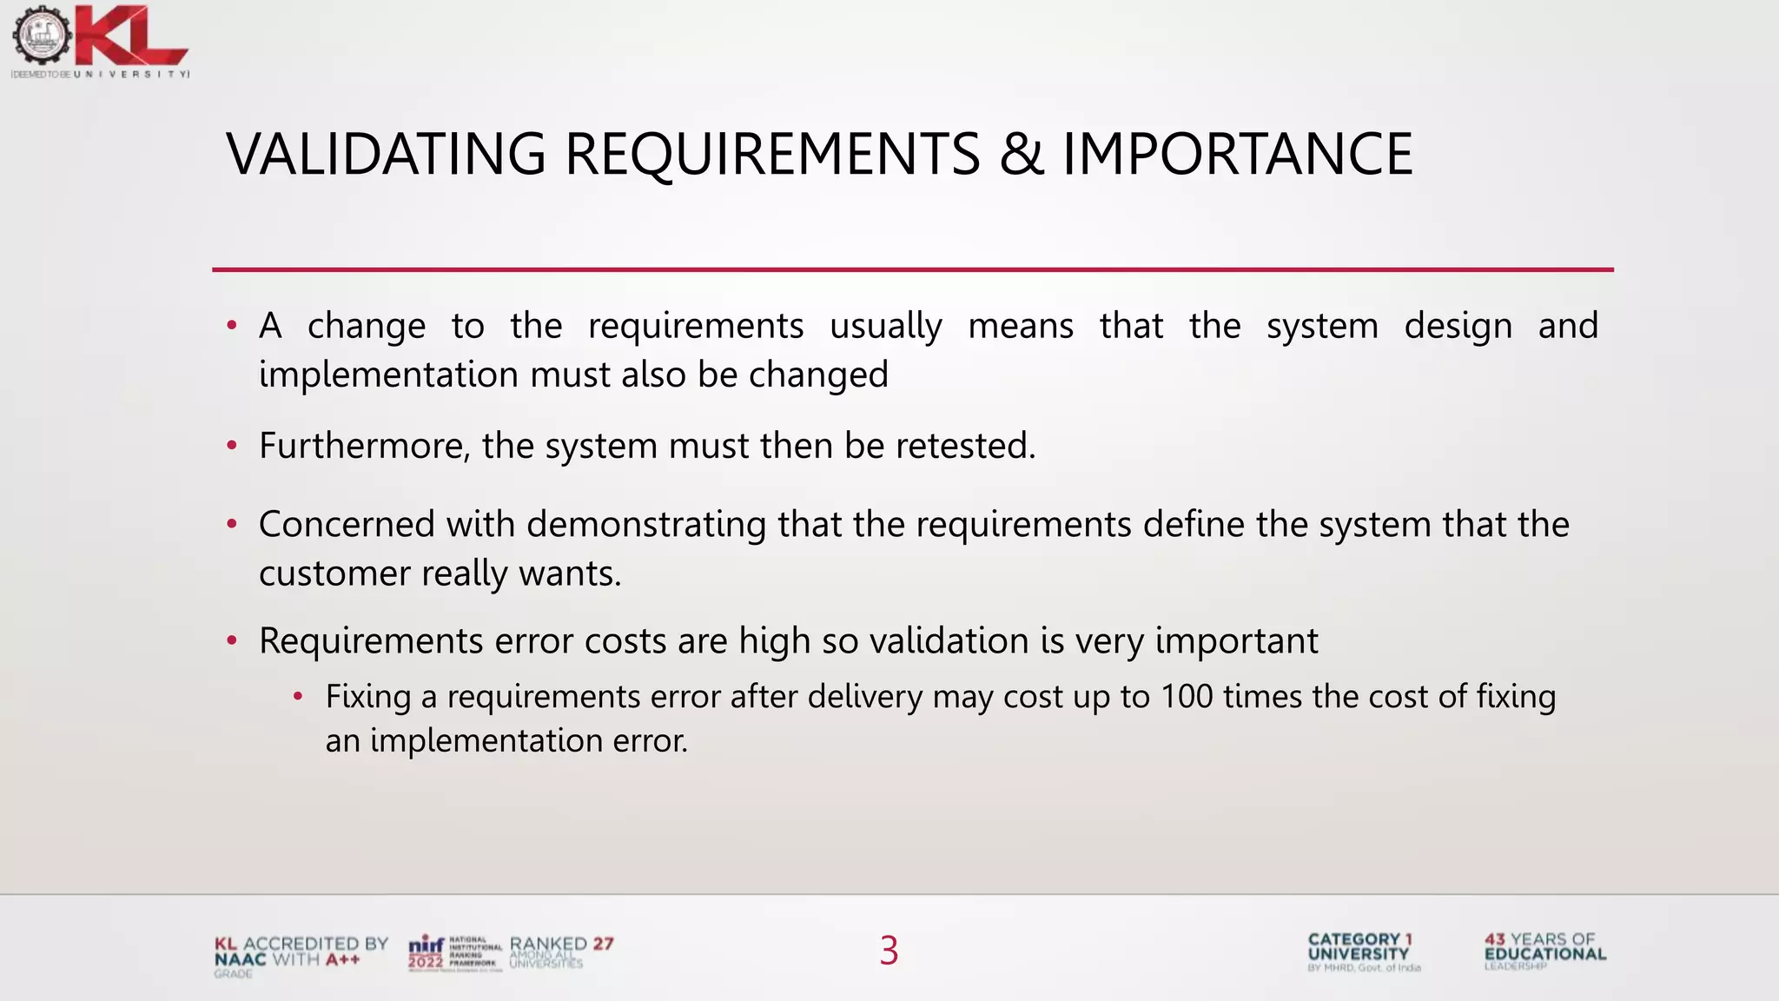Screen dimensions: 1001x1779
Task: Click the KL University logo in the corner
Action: click(x=100, y=42)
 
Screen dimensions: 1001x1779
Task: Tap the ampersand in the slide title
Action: click(x=1021, y=155)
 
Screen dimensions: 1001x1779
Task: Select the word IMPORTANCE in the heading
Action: click(x=1237, y=155)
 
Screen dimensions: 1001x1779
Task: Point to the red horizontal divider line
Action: click(x=912, y=269)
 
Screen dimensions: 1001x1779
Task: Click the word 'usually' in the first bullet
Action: click(x=885, y=327)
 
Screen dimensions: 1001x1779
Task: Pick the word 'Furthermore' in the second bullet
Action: click(x=364, y=446)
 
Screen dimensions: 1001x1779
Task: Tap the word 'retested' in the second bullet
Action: click(x=965, y=446)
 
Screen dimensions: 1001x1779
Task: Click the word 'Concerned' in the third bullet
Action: click(x=347, y=525)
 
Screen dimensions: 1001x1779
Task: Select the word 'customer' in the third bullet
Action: click(x=334, y=573)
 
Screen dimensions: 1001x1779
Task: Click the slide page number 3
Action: click(x=889, y=951)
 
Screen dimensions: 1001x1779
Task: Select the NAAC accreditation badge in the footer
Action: click(x=301, y=954)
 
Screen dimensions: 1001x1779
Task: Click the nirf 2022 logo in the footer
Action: click(x=453, y=952)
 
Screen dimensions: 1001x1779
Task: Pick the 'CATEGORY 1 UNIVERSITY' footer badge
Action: click(x=1361, y=951)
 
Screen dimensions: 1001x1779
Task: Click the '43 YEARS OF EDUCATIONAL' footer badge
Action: click(x=1544, y=950)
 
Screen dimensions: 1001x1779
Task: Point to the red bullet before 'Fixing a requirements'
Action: click(x=298, y=697)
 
